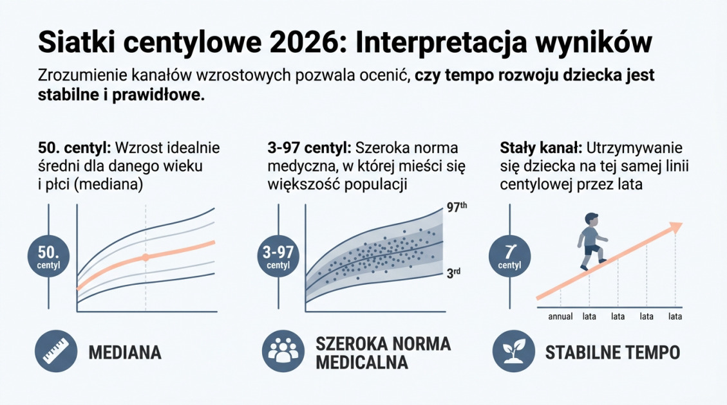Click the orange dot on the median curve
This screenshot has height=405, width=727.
click(x=146, y=257)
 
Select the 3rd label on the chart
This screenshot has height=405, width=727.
click(x=453, y=273)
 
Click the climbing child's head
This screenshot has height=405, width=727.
click(x=591, y=219)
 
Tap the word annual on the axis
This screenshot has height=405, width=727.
click(x=561, y=316)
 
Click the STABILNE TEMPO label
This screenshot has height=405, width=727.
click(x=612, y=353)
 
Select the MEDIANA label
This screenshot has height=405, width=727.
click(x=124, y=353)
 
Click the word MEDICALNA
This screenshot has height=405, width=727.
click(x=362, y=363)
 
